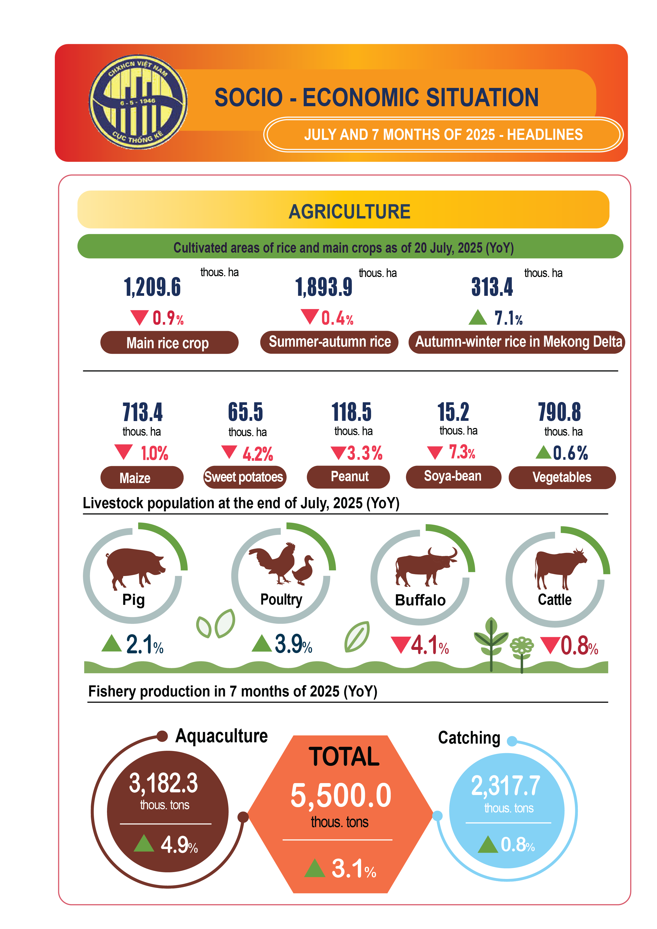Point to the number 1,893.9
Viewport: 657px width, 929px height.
[x=324, y=287]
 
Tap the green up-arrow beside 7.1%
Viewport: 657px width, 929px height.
[x=477, y=317]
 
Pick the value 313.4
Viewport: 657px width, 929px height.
[x=492, y=287]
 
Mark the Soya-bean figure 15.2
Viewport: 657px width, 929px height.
[x=453, y=412]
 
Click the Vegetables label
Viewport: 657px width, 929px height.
[x=562, y=477]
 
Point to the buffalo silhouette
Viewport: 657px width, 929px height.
[x=425, y=566]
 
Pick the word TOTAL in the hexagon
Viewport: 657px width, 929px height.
[x=344, y=757]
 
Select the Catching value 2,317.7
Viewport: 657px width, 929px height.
[x=506, y=785]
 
